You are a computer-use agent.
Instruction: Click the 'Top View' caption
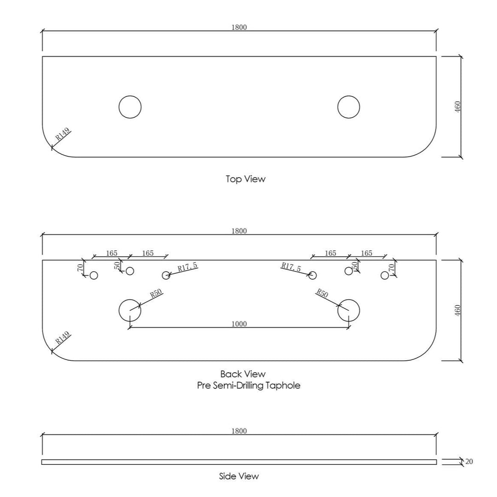pyautogui.click(x=245, y=179)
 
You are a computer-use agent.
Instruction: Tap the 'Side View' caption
pyautogui.click(x=239, y=476)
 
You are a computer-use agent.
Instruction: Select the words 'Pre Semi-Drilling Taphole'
pyautogui.click(x=248, y=386)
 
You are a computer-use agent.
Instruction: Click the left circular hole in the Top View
pyautogui.click(x=130, y=96)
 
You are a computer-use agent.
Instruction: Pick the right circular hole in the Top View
pyautogui.click(x=349, y=96)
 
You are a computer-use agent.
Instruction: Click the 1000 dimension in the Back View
pyautogui.click(x=239, y=324)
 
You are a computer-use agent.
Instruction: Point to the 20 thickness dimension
pyautogui.click(x=469, y=462)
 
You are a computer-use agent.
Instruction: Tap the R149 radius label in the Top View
pyautogui.click(x=63, y=135)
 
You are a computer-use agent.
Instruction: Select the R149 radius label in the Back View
pyautogui.click(x=63, y=338)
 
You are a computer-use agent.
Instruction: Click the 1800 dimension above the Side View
pyautogui.click(x=239, y=431)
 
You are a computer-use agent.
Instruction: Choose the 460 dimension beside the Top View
pyautogui.click(x=457, y=107)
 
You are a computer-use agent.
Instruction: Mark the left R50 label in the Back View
pyautogui.click(x=156, y=293)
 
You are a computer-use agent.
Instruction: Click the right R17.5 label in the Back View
pyautogui.click(x=291, y=267)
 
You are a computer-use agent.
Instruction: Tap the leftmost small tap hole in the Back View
pyautogui.click(x=94, y=272)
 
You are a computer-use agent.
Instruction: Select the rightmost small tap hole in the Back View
pyautogui.click(x=385, y=272)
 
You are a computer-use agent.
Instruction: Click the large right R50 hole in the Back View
pyautogui.click(x=349, y=300)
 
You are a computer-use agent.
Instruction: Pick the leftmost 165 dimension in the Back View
pyautogui.click(x=111, y=253)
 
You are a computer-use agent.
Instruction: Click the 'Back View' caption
pyautogui.click(x=243, y=374)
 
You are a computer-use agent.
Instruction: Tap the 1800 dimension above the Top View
pyautogui.click(x=239, y=27)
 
